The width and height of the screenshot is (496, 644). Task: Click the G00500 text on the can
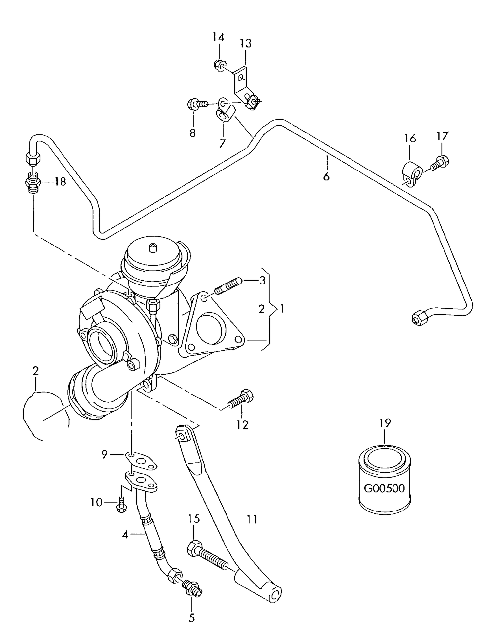coord(384,488)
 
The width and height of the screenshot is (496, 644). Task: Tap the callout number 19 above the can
coord(385,423)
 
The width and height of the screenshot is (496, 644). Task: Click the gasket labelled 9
coord(141,460)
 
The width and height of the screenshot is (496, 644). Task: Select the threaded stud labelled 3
coord(228,286)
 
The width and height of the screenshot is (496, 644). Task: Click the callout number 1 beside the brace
coord(282,309)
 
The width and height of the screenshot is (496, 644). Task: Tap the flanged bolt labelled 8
coord(197,104)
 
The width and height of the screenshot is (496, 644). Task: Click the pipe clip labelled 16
coord(411,173)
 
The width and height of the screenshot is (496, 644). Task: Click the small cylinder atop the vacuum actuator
coord(153,248)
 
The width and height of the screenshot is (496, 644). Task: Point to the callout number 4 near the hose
coord(125,534)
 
